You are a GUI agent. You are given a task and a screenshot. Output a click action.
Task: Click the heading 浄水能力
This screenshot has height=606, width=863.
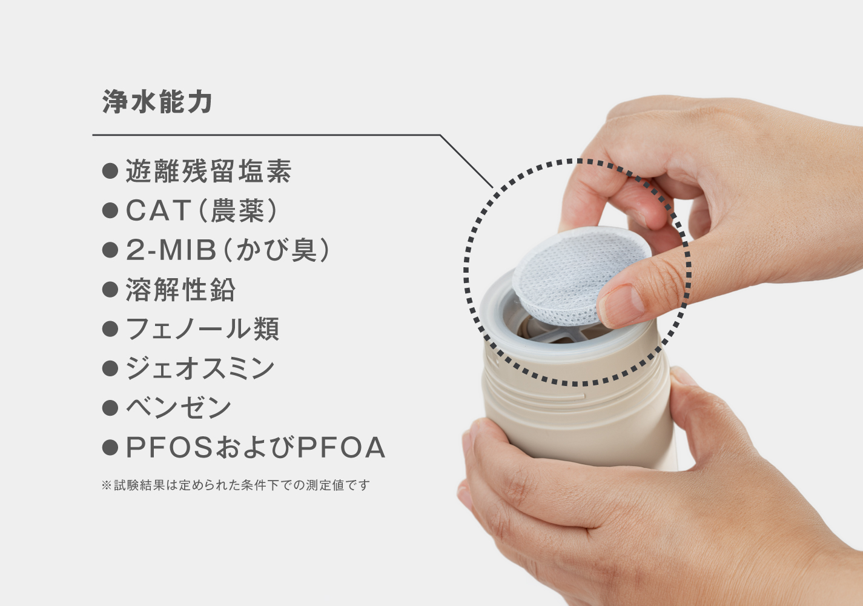[x=157, y=102]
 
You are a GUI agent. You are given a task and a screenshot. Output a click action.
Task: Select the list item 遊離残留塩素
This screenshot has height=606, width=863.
[x=208, y=171]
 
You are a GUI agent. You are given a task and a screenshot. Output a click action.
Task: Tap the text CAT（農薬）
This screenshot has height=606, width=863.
[x=202, y=210]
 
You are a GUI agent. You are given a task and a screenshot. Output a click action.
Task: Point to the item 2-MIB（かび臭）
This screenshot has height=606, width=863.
[x=228, y=250]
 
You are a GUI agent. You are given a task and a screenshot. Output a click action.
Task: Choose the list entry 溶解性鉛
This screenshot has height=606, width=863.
[x=180, y=289]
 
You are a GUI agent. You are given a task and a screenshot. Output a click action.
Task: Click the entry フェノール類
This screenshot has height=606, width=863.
[x=202, y=329]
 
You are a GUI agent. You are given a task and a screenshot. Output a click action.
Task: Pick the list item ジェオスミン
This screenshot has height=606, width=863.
[x=200, y=368]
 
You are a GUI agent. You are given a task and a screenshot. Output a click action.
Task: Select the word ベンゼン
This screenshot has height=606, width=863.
[x=179, y=407]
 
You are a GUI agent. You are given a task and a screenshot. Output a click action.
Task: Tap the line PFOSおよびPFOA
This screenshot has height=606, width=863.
[x=256, y=447]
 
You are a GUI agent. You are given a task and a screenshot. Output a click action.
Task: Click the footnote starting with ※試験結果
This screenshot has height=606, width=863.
[x=236, y=485]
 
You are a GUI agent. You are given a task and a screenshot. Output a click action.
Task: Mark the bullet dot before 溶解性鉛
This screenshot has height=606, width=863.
[x=110, y=290]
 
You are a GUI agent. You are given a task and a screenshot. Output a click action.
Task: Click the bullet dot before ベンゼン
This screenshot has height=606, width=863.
[x=110, y=408]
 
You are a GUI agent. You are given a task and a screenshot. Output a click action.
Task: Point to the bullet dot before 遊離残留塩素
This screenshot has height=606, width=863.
[x=110, y=171]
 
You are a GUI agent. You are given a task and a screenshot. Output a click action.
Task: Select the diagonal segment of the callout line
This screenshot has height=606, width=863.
[x=466, y=161]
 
